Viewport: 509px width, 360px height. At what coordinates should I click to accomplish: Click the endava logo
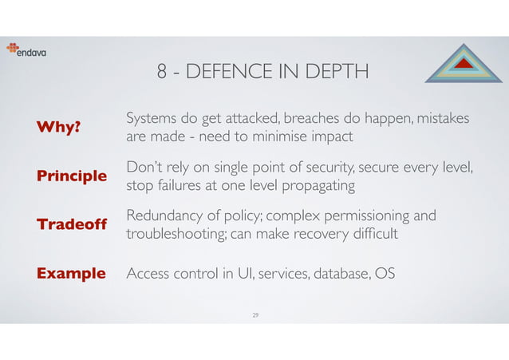[x=29, y=49]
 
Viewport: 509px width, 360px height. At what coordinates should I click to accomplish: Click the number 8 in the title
[x=163, y=73]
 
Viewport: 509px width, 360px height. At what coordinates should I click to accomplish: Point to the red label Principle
[x=72, y=176]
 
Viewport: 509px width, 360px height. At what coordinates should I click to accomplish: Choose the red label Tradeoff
[x=70, y=225]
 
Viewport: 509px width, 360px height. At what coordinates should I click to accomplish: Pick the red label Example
[x=71, y=274]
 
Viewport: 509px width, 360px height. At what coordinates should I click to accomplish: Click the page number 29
[x=254, y=315]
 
